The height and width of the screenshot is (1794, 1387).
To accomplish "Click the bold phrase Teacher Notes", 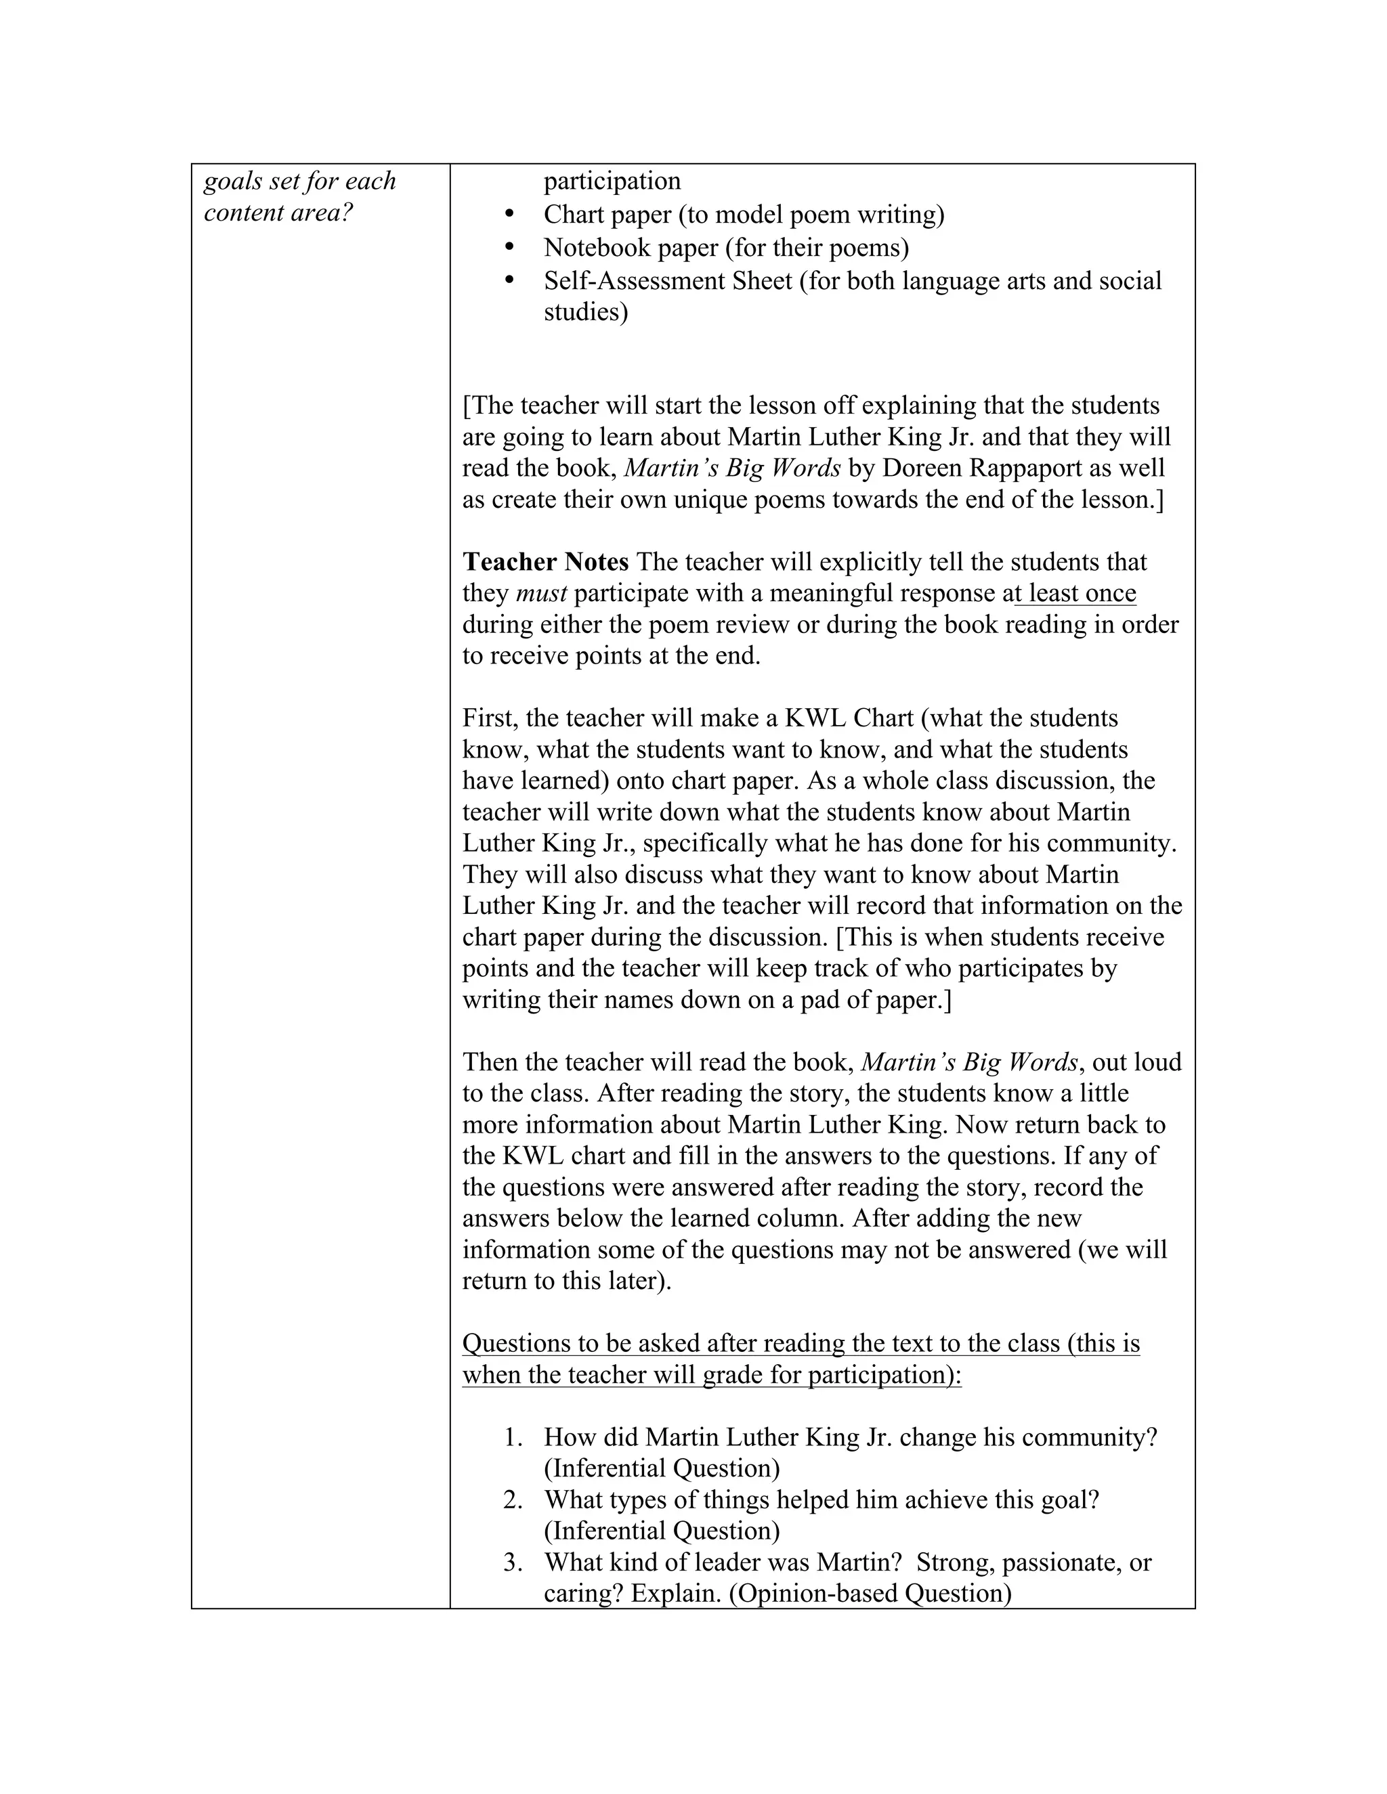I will (x=546, y=562).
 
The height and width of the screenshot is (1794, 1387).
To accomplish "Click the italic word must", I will (x=540, y=593).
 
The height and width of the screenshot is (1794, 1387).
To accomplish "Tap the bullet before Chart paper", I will (x=509, y=213).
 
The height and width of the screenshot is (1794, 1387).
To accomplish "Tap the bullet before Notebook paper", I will (x=509, y=246).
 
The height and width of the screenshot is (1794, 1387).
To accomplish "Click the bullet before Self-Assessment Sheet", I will (x=509, y=280).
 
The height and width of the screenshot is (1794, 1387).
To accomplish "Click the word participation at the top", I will (x=612, y=181).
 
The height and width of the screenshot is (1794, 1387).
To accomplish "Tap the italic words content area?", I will (x=278, y=213).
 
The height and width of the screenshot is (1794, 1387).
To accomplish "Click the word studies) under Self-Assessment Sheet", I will (x=586, y=312).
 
